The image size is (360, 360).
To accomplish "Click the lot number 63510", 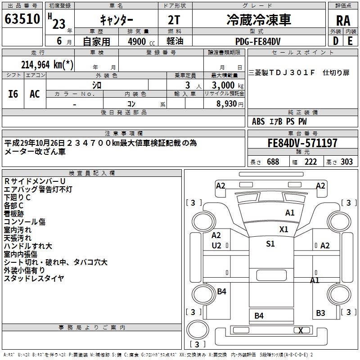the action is pos(22,20).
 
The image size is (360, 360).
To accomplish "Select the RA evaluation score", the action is pos(343,21).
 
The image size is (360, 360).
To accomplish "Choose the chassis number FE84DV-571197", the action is pos(302,144).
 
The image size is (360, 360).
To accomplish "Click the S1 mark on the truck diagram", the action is pos(270,244).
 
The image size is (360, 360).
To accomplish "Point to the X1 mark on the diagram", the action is pos(283,229).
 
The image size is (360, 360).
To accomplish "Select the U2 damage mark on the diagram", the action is pos(216,245).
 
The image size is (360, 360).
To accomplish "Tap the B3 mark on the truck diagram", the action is pos(320,313).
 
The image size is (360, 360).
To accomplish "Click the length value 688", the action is pos(273,162).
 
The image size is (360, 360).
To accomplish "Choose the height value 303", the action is pos(347,162).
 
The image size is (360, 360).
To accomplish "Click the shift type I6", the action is pos(13,94).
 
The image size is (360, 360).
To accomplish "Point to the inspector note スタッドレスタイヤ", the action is pos(34,279).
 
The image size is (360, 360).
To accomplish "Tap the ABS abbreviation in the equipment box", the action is pos(258,121).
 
